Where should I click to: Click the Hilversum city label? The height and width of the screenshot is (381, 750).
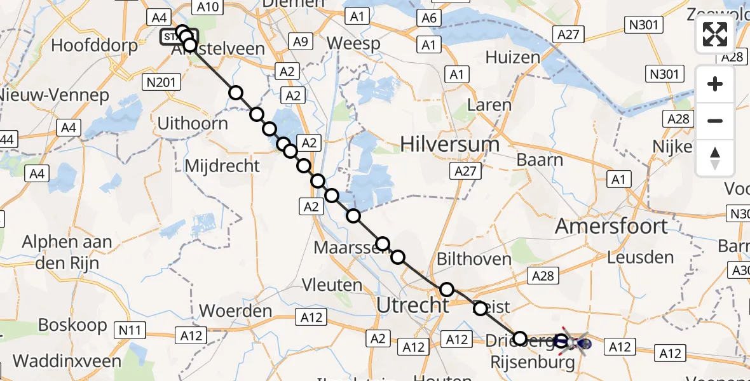[449, 145]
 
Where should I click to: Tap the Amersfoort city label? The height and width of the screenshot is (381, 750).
[611, 226]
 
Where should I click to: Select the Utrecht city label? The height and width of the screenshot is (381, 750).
[412, 305]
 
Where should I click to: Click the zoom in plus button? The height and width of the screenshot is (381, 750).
[715, 84]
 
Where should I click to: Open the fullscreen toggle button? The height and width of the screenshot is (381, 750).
[715, 34]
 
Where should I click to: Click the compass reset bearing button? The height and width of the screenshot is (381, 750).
[715, 158]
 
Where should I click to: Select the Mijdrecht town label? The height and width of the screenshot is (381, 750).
[222, 166]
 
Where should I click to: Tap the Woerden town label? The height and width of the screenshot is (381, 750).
[236, 312]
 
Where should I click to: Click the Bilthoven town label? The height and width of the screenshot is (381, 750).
[474, 259]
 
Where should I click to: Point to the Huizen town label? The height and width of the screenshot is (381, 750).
[512, 57]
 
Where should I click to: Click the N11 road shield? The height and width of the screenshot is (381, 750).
[130, 330]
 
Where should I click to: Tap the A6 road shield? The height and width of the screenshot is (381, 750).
[429, 18]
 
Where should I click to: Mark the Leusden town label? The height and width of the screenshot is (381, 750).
[640, 257]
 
